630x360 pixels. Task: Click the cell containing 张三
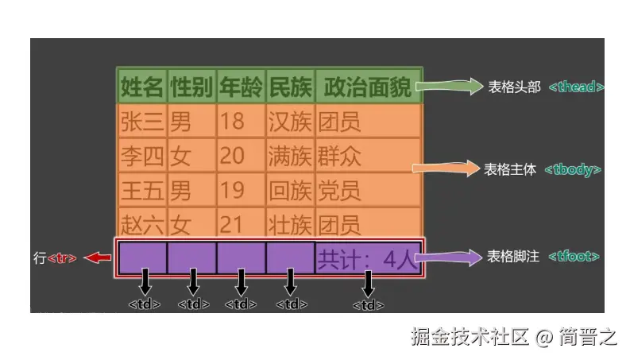[142, 122]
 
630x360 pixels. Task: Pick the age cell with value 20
[232, 156]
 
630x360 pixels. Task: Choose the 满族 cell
[290, 156]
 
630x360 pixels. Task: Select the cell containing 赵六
[142, 223]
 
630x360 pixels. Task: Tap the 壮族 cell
[290, 223]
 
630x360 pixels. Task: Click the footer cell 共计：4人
[367, 257]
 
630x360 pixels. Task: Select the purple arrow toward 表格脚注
[448, 256]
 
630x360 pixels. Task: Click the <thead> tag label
[576, 87]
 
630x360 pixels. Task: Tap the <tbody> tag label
[573, 169]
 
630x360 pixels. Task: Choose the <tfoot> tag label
[573, 257]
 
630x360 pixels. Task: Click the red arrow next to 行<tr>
[99, 257]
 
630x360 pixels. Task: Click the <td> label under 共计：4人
[368, 304]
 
